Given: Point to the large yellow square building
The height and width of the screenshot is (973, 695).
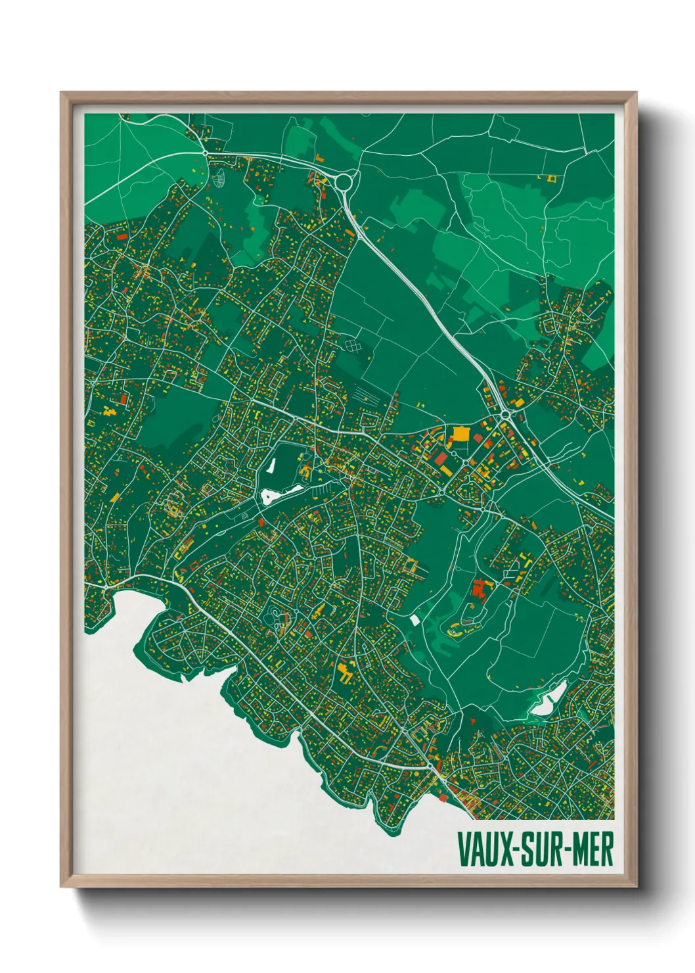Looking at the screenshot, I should point(460,435).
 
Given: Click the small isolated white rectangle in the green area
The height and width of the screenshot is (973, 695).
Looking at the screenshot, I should point(415,619).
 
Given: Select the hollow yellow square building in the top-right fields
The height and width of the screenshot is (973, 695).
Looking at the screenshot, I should point(551,178).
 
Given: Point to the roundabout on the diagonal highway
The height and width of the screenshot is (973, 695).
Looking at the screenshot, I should point(506,415).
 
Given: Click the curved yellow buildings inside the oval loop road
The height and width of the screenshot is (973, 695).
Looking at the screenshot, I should point(455,631).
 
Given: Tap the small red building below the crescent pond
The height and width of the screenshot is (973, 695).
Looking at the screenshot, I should point(261,522).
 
